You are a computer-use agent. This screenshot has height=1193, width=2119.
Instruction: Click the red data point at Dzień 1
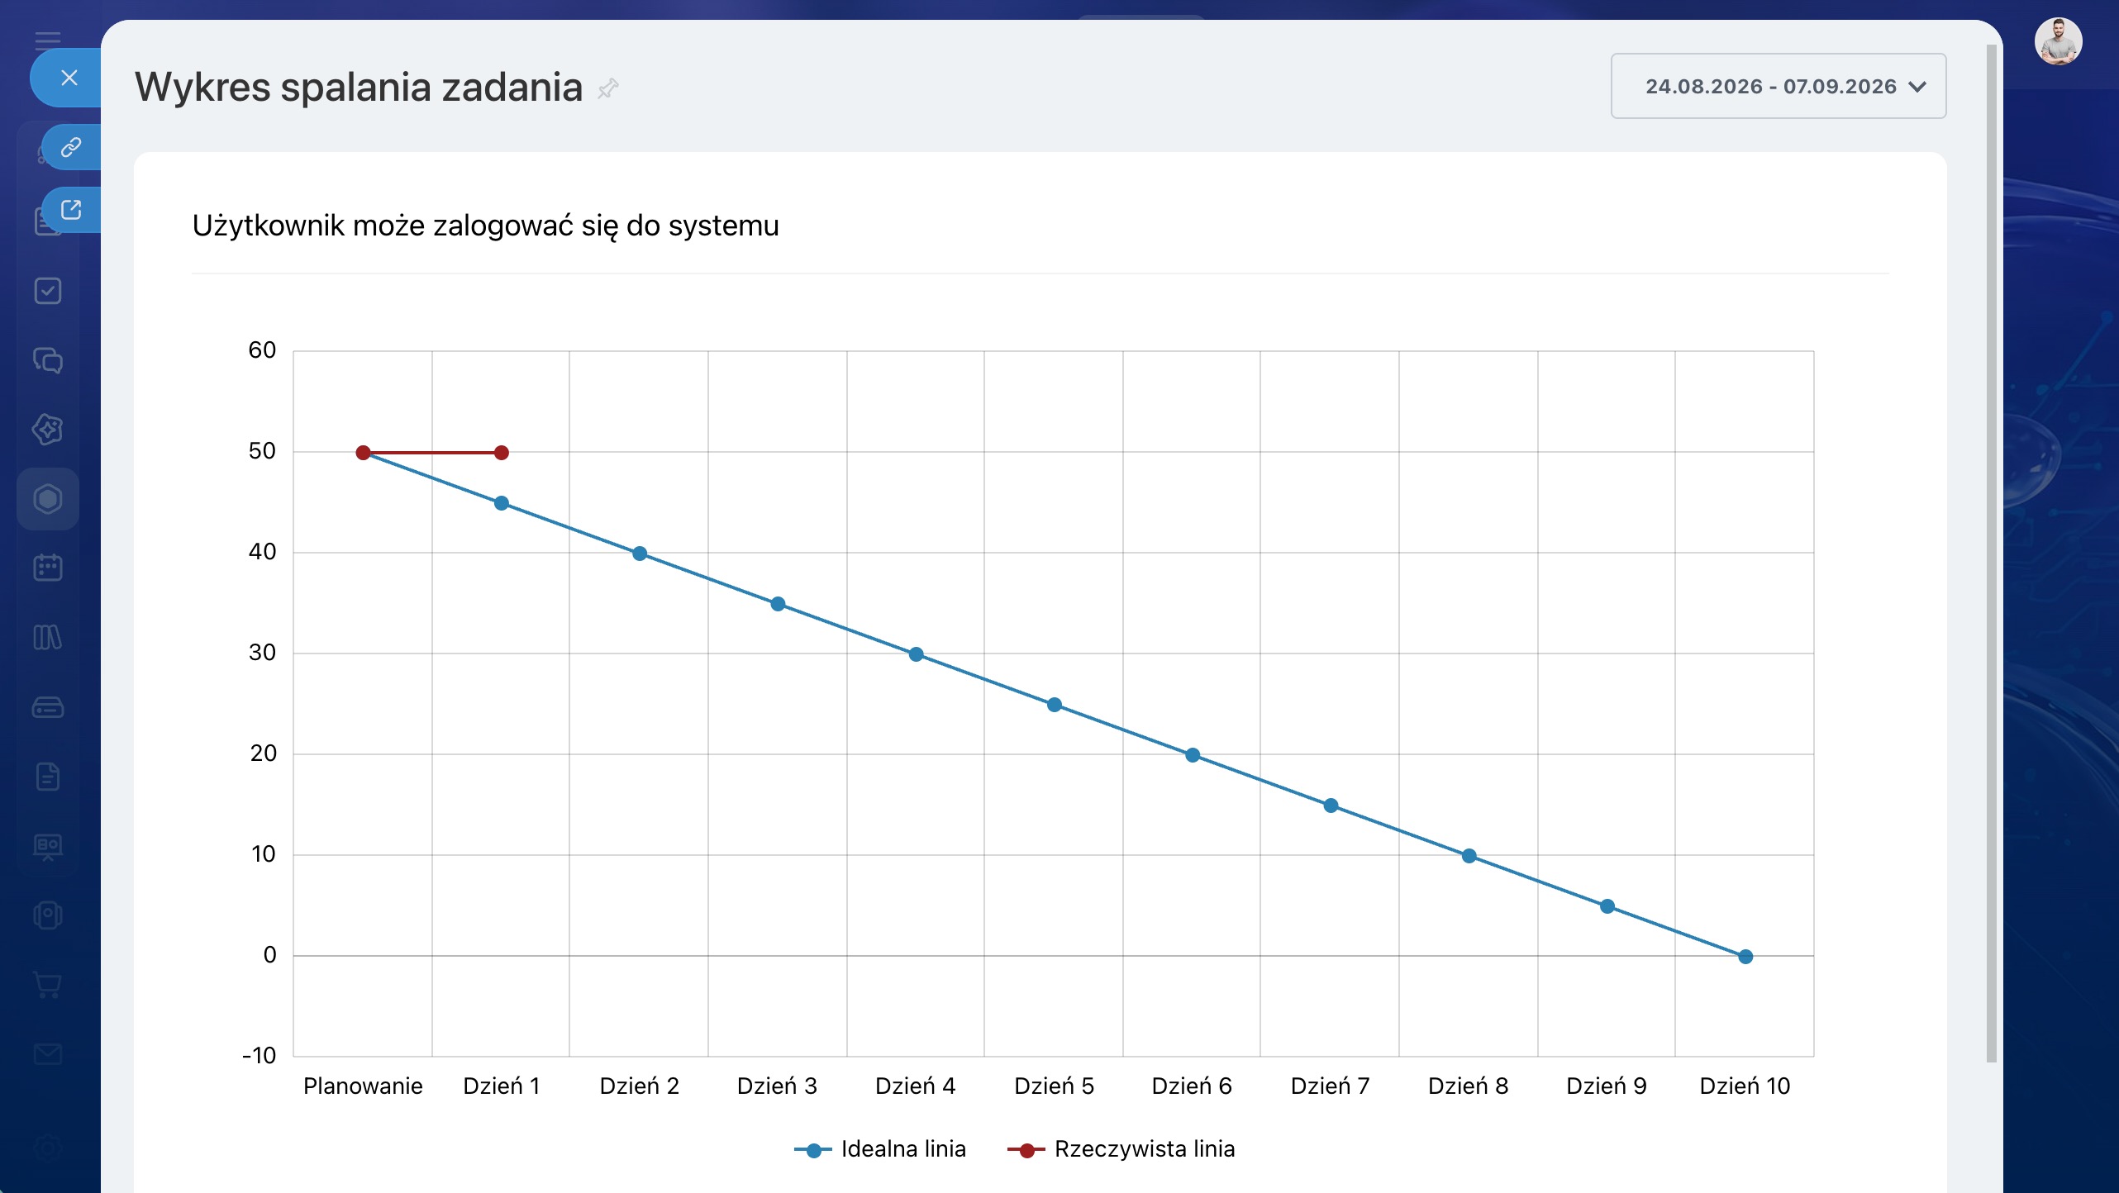pos(502,453)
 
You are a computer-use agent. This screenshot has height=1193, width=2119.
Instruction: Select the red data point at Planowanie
pos(363,453)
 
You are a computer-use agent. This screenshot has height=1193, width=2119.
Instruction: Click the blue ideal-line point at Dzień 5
pos(1055,705)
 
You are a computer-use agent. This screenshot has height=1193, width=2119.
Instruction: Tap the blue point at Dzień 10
pos(1745,957)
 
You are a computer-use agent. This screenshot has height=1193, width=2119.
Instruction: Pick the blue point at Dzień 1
pos(502,503)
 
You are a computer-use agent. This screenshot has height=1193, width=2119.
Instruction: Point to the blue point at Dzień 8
pos(1469,856)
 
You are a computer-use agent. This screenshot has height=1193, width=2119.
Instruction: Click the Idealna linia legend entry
pos(880,1149)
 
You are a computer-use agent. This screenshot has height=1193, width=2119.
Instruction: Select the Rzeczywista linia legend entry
pos(1121,1149)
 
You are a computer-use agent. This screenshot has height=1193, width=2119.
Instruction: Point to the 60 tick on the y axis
pos(262,350)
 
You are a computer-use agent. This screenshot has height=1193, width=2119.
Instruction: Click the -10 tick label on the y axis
pos(260,1056)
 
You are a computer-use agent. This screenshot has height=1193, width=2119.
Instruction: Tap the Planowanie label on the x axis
pos(363,1086)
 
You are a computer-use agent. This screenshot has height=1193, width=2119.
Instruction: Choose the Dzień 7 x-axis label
pos(1331,1086)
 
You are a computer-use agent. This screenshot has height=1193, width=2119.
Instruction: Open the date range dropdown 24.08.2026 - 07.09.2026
pos(1779,86)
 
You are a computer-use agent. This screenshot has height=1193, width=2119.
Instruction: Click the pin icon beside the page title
pos(608,88)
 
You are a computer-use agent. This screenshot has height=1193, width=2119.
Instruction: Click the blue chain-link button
pos(71,147)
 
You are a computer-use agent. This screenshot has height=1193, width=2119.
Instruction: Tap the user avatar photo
pos(2059,41)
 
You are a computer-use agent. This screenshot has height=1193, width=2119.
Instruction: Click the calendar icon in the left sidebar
pos(48,568)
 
